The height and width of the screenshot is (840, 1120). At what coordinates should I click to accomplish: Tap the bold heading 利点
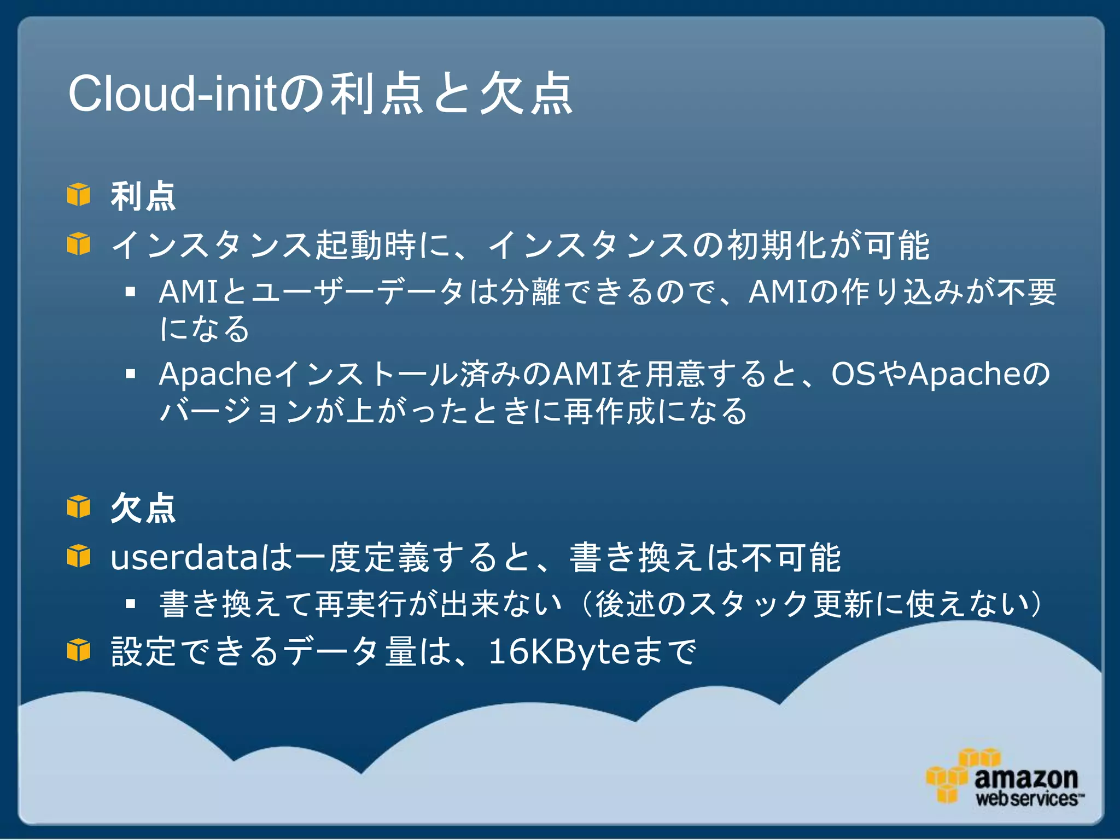(143, 196)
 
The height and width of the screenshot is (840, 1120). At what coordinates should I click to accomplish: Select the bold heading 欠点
(143, 509)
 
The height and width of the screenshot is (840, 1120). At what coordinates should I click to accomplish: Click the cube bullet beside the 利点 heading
(79, 195)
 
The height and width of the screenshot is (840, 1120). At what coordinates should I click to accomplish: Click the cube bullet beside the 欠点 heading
(79, 506)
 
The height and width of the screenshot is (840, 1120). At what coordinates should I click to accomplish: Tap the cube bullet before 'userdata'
(79, 556)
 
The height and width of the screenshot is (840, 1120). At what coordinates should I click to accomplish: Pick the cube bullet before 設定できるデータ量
(79, 650)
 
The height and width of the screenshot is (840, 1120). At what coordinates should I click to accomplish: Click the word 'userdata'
(184, 558)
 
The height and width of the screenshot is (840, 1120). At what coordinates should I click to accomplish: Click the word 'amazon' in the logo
(1026, 778)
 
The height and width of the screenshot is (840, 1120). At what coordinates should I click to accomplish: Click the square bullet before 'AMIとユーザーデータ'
(130, 292)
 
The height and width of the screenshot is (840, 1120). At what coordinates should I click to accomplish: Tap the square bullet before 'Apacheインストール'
(130, 375)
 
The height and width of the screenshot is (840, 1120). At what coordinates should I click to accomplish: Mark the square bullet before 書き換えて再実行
(130, 604)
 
